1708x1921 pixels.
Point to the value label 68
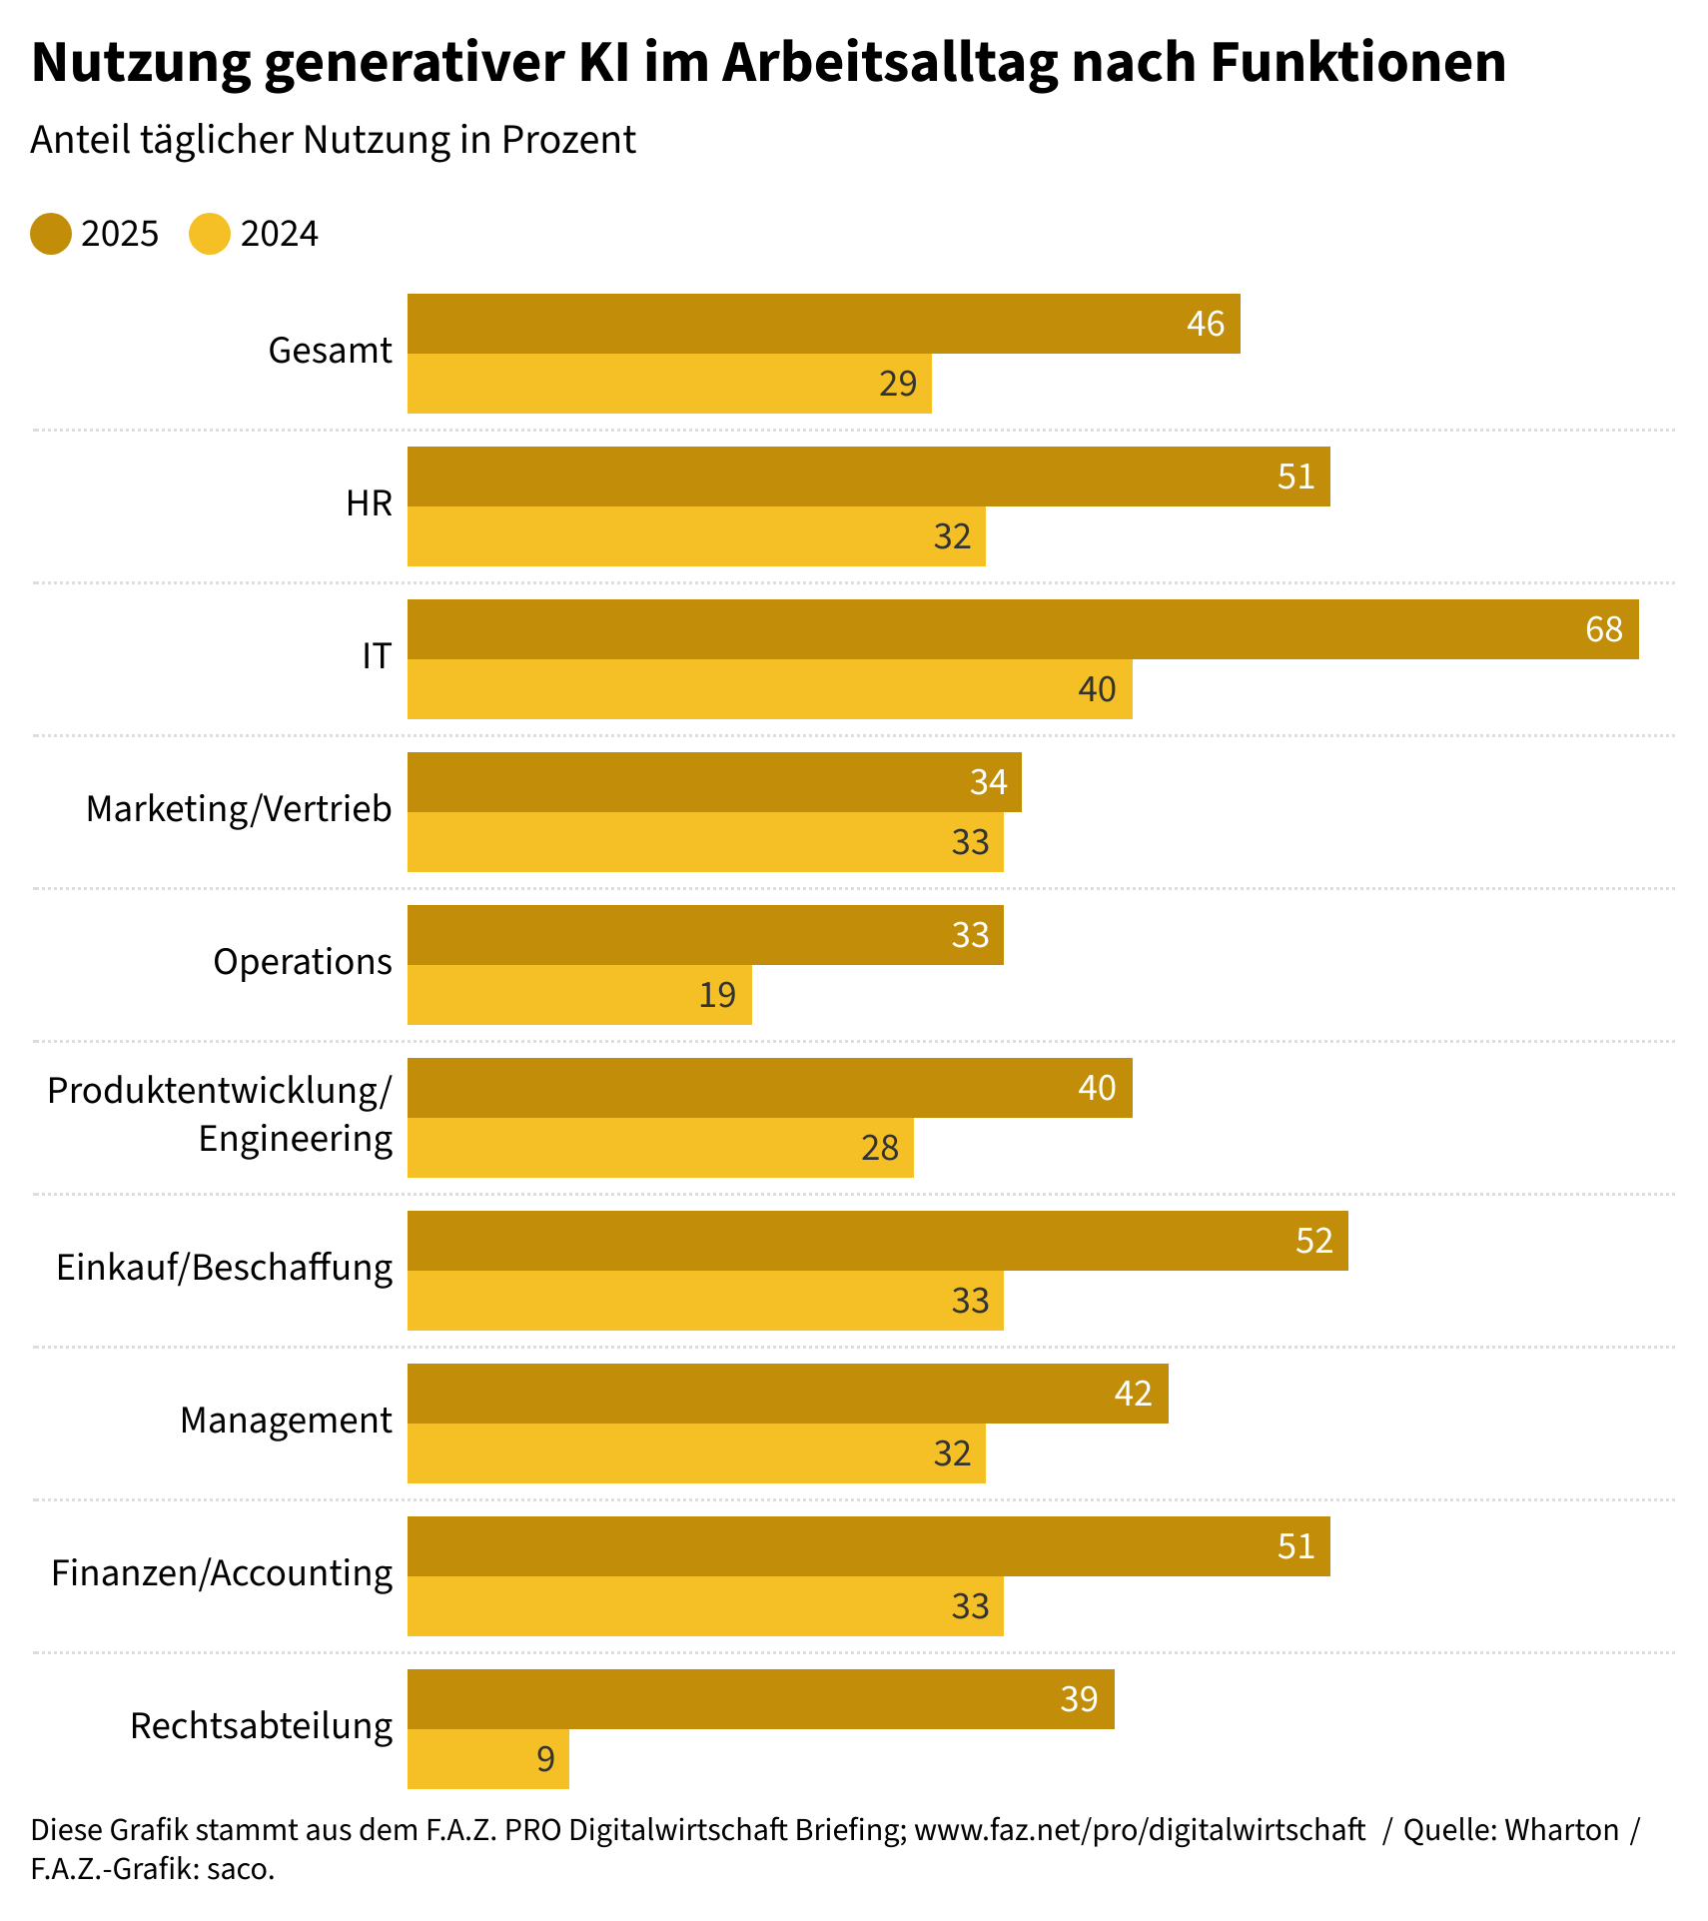[1604, 629]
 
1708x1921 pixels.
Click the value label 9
[545, 1759]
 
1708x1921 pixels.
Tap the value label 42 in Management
[1134, 1394]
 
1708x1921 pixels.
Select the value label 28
[880, 1148]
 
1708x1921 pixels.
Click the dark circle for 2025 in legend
[51, 234]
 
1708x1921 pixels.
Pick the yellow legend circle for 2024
[210, 234]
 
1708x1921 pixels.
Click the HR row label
[370, 503]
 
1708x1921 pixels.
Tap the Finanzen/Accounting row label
[222, 1573]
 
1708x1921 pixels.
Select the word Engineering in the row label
[296, 1139]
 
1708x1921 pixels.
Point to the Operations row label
[303, 962]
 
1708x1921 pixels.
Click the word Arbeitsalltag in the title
[890, 62]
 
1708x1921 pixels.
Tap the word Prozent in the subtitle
[568, 140]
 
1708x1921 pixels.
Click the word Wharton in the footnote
[1562, 1829]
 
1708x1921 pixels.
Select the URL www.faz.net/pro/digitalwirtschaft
[1140, 1829]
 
